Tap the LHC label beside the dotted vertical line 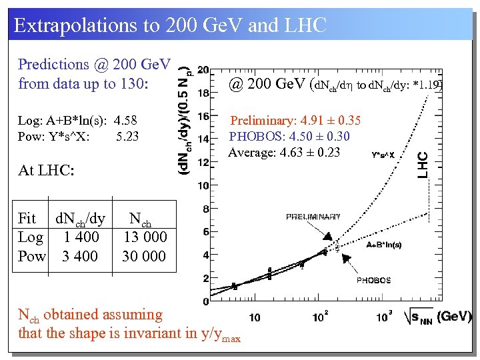[423, 165]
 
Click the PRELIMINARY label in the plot [313, 217]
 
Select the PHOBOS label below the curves [373, 281]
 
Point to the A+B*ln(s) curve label [384, 245]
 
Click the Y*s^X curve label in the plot [383, 154]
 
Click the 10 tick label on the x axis [254, 317]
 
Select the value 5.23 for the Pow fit [127, 137]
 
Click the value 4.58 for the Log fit [125, 121]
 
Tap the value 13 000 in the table [145, 237]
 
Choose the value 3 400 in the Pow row [79, 257]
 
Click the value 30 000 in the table [145, 257]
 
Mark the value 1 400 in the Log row [81, 237]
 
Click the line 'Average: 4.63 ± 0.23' [284, 152]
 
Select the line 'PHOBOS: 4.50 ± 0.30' [289, 137]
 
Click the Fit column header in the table [27, 218]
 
